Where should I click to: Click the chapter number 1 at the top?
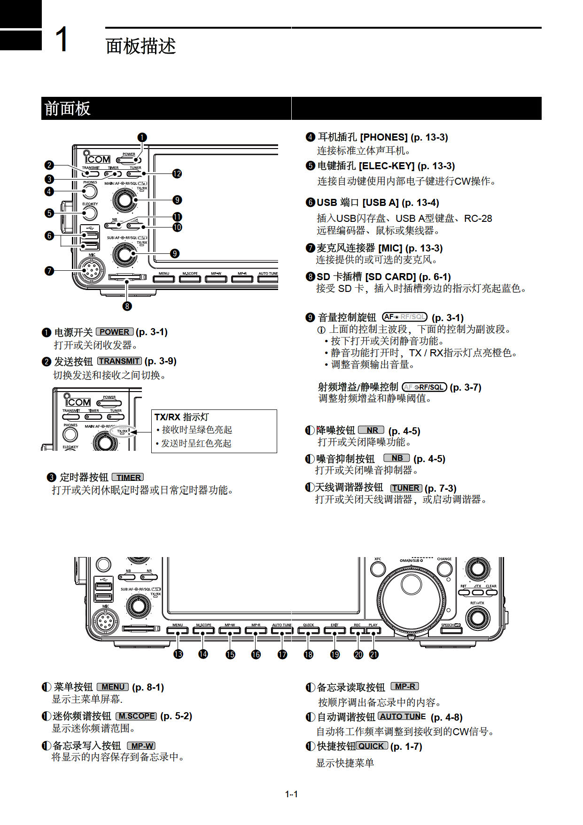point(62,39)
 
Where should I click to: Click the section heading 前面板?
point(67,109)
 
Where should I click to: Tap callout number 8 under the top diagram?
point(127,306)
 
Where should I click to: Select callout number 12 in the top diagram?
point(177,173)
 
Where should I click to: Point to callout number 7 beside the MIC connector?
point(49,271)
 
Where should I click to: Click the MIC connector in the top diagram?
point(91,270)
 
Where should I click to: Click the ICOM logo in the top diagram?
point(97,158)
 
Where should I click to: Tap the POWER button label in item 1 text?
point(115,332)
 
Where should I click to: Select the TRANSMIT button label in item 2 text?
point(119,361)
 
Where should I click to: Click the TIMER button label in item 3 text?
point(128,477)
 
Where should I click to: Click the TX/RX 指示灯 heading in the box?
point(181,417)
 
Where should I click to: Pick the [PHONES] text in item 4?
point(383,137)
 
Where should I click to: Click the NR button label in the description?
point(371,430)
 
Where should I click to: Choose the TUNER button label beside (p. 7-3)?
point(406,488)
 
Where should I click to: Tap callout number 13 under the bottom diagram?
point(178,654)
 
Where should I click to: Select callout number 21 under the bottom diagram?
point(374,654)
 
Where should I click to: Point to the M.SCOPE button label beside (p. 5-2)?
point(136,716)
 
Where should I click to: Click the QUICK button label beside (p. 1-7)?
point(372,746)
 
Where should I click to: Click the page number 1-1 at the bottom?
point(291,794)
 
